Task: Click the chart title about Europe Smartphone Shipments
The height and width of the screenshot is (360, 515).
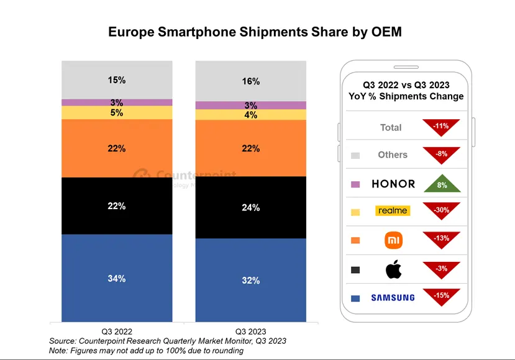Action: (255, 32)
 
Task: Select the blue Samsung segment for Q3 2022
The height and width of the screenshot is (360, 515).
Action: (117, 278)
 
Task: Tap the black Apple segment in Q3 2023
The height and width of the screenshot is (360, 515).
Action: (251, 207)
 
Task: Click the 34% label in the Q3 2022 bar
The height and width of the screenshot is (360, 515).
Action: (117, 279)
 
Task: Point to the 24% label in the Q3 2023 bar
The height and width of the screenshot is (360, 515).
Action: (251, 208)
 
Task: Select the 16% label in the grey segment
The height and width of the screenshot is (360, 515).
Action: (251, 81)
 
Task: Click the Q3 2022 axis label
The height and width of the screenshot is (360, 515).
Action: (117, 331)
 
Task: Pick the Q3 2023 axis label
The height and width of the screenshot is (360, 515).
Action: (251, 331)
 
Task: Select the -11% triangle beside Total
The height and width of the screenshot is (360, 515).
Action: (441, 127)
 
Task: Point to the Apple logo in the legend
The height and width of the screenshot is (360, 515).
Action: (393, 269)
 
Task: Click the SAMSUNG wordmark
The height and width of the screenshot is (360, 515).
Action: (393, 298)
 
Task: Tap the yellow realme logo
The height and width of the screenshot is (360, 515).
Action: (393, 211)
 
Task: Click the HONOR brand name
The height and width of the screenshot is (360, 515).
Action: (393, 184)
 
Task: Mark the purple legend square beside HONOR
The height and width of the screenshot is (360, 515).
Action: (355, 184)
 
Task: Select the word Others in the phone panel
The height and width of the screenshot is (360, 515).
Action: (393, 155)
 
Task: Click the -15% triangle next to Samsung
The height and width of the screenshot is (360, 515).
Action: (441, 297)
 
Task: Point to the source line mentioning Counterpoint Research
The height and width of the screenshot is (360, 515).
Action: (168, 341)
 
